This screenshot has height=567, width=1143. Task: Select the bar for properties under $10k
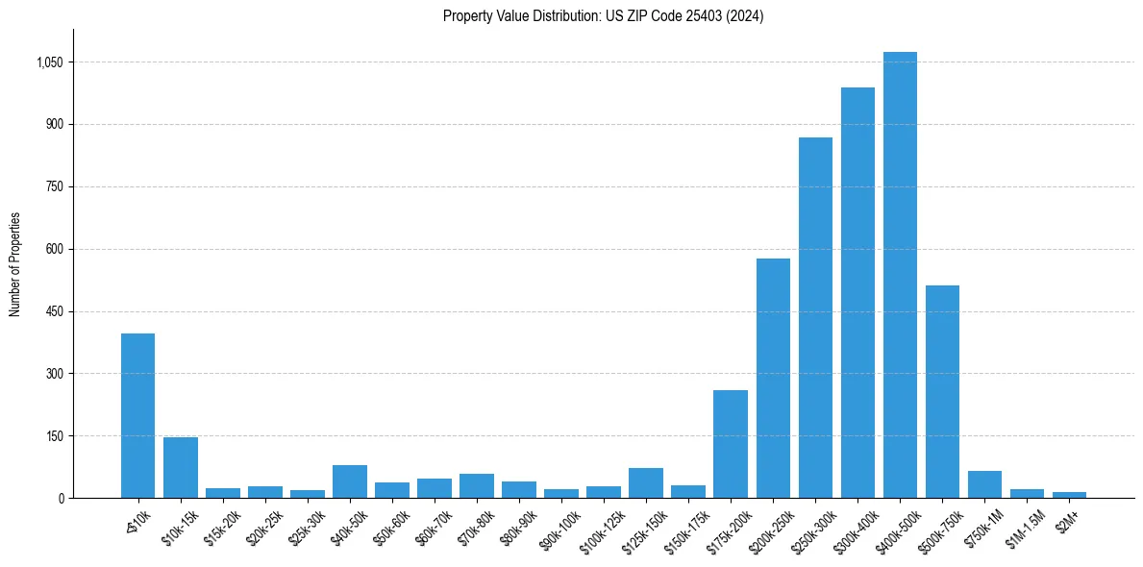[137, 415]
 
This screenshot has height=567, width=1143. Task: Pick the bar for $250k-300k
[815, 317]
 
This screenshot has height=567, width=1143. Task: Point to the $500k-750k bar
[942, 391]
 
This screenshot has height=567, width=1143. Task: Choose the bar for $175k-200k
[731, 444]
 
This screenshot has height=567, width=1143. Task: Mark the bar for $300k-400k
[857, 292]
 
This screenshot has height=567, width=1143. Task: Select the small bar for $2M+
[1069, 494]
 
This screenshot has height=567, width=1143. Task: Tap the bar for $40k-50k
[350, 481]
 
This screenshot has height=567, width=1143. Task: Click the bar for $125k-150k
[646, 482]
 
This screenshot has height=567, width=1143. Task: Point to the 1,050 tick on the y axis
[50, 62]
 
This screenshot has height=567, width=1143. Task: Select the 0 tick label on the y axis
[62, 498]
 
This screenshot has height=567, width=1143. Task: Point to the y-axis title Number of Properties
[15, 263]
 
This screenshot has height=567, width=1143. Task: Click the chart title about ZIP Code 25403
[603, 16]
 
